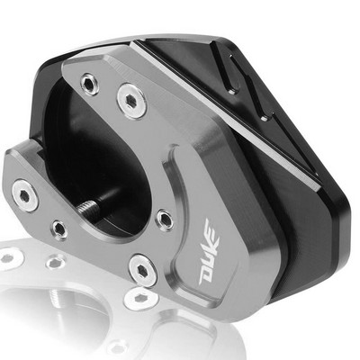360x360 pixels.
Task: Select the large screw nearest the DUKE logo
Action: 141,267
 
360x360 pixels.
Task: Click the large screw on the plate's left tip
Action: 23,191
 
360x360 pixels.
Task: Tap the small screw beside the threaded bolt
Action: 58,229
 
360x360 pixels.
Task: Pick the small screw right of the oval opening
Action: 164,219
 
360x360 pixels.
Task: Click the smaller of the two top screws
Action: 89,85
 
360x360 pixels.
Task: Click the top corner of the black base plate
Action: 144,40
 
